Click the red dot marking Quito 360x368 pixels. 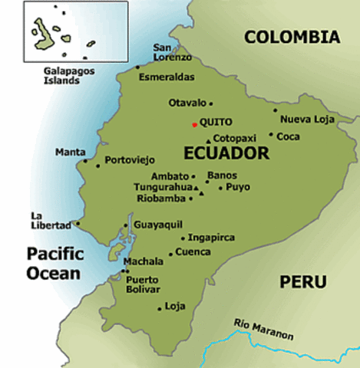194,124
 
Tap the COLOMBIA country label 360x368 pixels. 292,37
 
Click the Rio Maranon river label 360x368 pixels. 263,322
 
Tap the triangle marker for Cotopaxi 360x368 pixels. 207,141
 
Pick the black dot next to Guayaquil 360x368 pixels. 126,225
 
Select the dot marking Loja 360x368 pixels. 160,309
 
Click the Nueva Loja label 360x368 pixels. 306,119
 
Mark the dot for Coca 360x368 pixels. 271,135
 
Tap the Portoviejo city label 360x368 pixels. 130,160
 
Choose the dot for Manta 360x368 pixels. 84,161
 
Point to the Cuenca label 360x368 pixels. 193,251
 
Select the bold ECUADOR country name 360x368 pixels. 227,154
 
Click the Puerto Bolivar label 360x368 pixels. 145,284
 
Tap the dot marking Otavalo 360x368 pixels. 210,103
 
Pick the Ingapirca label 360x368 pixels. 211,238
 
